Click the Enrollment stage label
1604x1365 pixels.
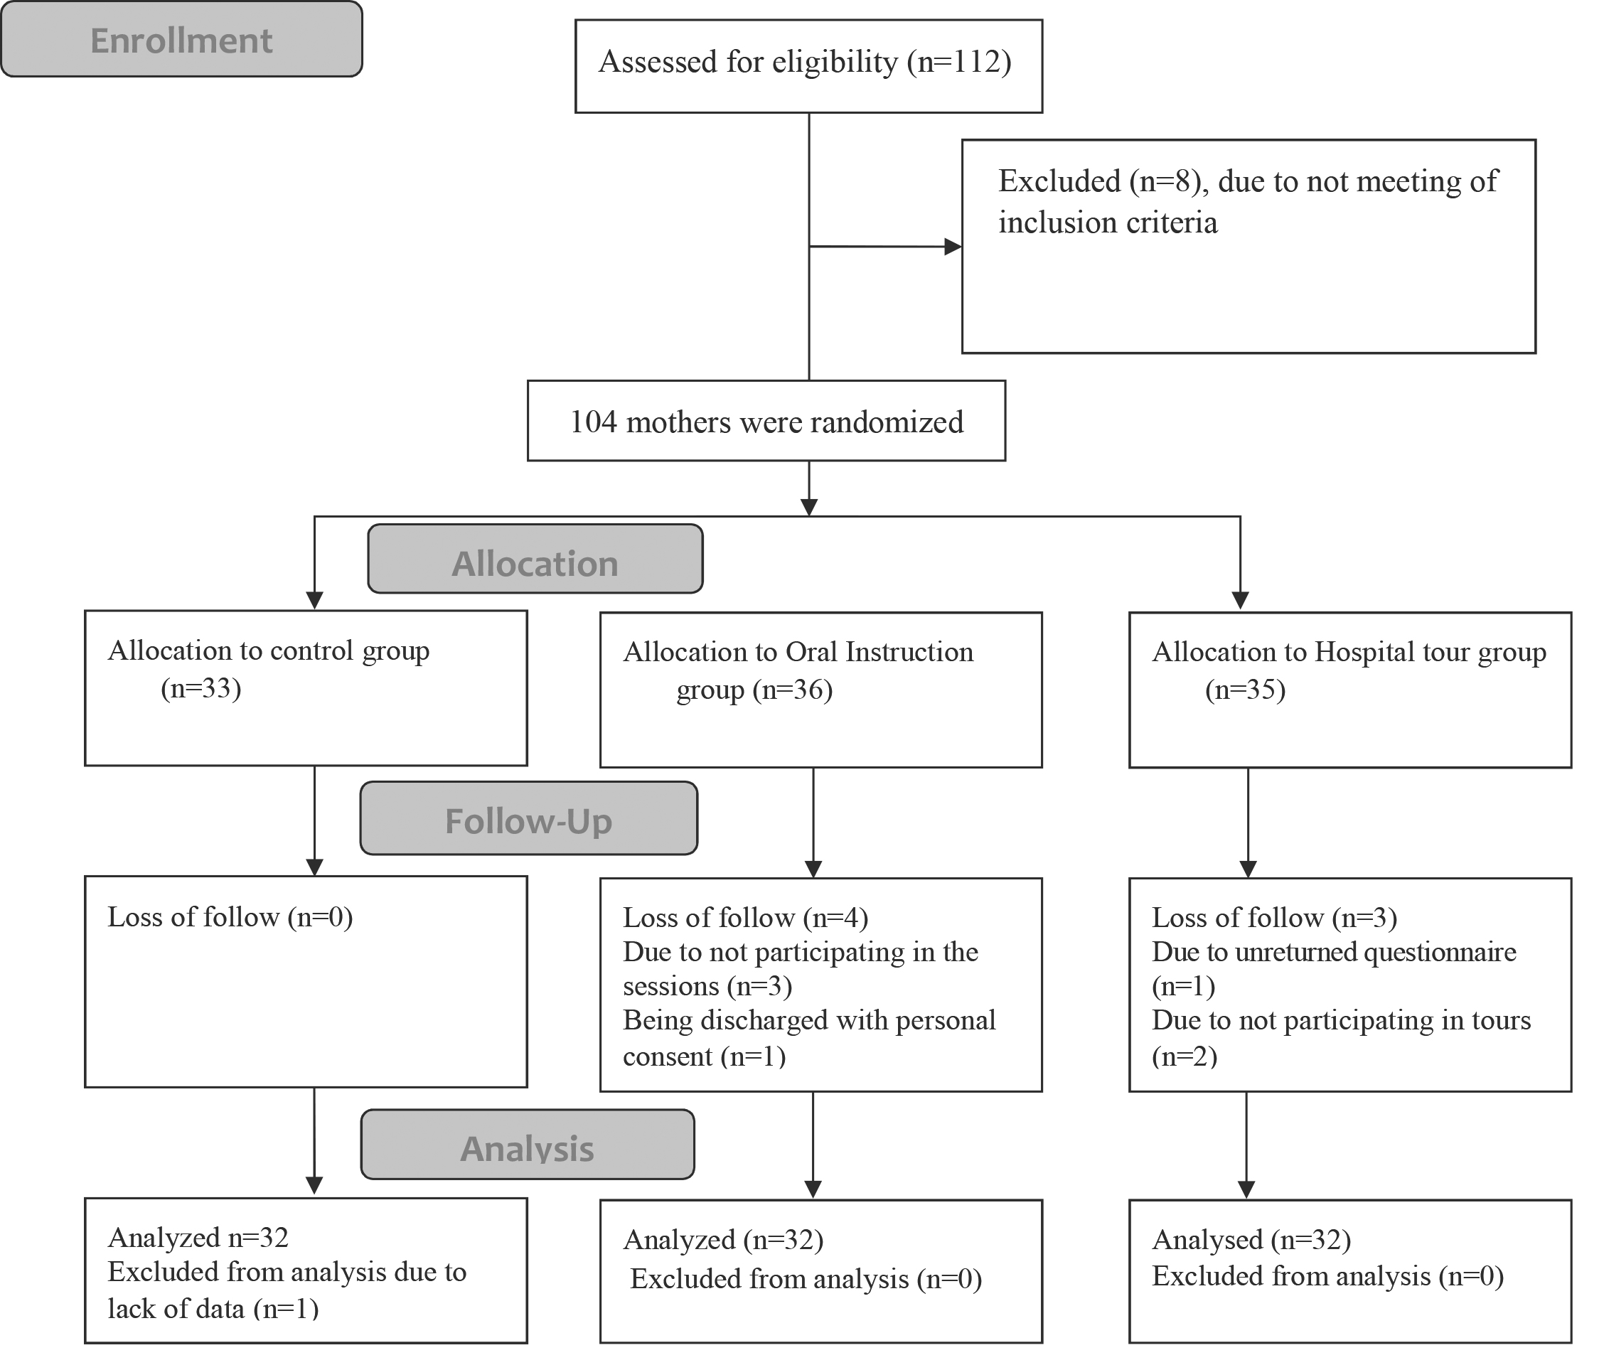(x=181, y=40)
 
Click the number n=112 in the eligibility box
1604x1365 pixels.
(x=958, y=62)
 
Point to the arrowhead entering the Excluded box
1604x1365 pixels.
(x=953, y=247)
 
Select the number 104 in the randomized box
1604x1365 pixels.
(x=594, y=422)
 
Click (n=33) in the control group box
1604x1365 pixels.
(x=201, y=688)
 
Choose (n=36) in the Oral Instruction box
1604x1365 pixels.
(x=793, y=690)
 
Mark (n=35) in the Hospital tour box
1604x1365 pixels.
(x=1245, y=690)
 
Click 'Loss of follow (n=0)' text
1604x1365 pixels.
(x=230, y=917)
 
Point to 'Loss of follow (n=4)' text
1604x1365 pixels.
(x=745, y=918)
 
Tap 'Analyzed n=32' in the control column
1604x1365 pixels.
(x=198, y=1237)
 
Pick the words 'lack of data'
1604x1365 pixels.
(x=176, y=1309)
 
